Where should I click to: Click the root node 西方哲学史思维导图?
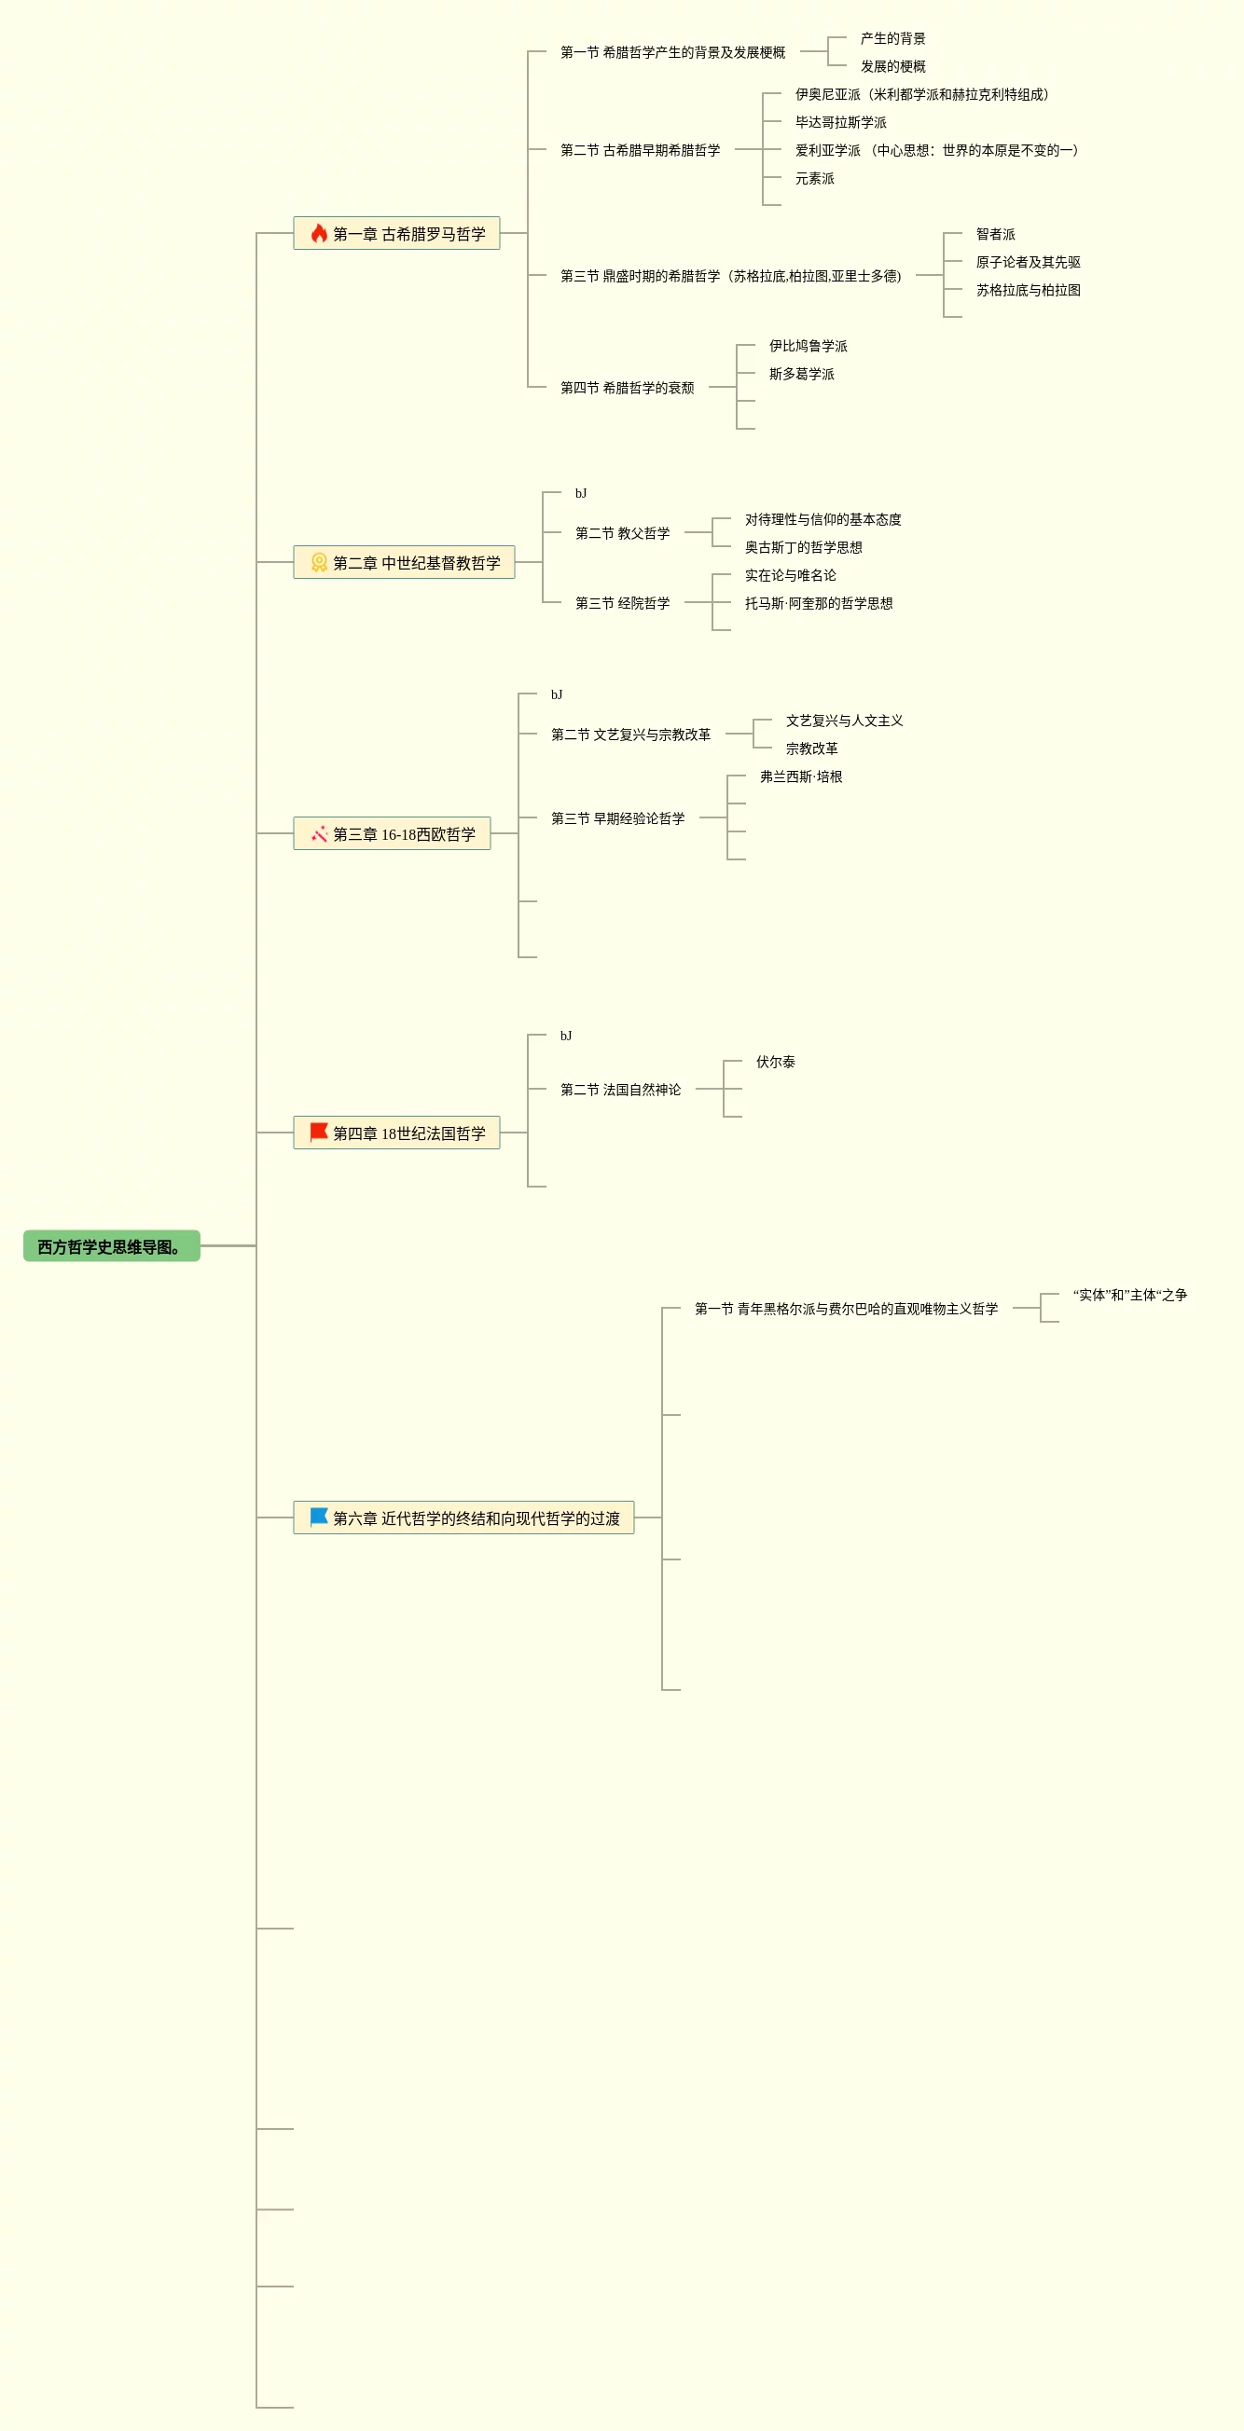click(x=111, y=1245)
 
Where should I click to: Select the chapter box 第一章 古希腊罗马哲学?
click(x=396, y=233)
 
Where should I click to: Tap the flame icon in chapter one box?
click(x=319, y=233)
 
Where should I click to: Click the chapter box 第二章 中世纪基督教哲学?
click(x=404, y=562)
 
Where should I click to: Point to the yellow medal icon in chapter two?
click(x=319, y=562)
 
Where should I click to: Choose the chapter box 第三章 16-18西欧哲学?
click(x=392, y=833)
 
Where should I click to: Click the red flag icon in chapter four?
click(x=319, y=1132)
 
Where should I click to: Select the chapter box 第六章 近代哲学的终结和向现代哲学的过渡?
click(x=463, y=1518)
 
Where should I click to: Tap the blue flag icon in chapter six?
click(x=319, y=1517)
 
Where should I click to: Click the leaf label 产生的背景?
click(x=892, y=39)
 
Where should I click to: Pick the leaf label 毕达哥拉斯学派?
click(x=840, y=122)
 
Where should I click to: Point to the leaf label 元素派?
click(x=813, y=178)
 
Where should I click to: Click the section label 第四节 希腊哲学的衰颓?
click(x=627, y=387)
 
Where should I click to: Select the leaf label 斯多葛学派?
click(x=801, y=374)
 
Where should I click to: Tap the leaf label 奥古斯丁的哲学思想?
click(x=802, y=547)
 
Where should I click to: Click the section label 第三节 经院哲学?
click(x=622, y=602)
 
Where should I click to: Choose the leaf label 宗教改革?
click(x=810, y=749)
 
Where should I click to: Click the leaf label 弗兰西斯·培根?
click(x=800, y=776)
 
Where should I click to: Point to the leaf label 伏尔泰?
click(x=775, y=1062)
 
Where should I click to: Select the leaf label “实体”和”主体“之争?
click(x=1129, y=1295)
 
